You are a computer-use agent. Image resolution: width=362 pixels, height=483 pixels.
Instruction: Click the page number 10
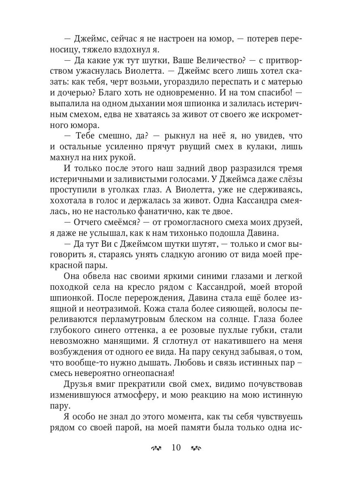click(x=176, y=448)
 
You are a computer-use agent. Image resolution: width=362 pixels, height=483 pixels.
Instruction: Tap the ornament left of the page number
click(x=157, y=448)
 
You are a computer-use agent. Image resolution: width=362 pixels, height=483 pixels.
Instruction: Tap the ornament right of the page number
click(x=196, y=448)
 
